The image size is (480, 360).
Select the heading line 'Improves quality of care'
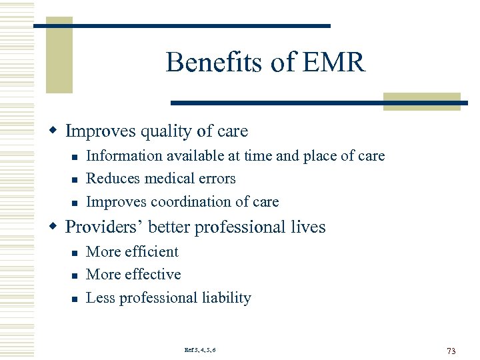tap(156, 131)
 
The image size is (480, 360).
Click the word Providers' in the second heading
tap(104, 227)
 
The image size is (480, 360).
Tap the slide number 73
tap(451, 351)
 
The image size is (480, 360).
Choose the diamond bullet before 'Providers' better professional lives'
tap(57, 227)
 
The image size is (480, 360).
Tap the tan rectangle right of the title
tap(421, 101)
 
